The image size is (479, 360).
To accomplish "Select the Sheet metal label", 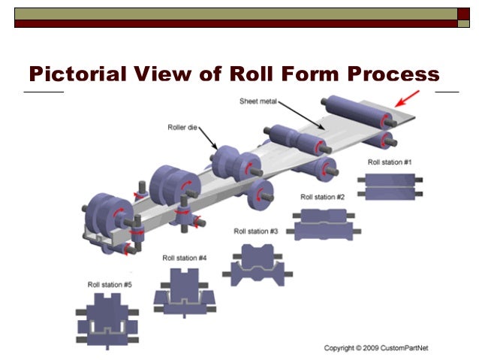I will (258, 101).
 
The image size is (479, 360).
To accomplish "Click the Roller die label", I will (181, 129).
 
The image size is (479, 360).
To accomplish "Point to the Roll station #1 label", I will (389, 162).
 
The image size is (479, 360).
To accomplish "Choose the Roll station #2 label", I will (322, 197).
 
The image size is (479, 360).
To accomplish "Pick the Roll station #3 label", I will (255, 231).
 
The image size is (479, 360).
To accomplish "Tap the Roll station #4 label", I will (184, 258).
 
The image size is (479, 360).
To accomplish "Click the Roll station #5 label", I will (110, 284).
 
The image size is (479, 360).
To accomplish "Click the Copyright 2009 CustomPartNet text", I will (375, 348).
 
